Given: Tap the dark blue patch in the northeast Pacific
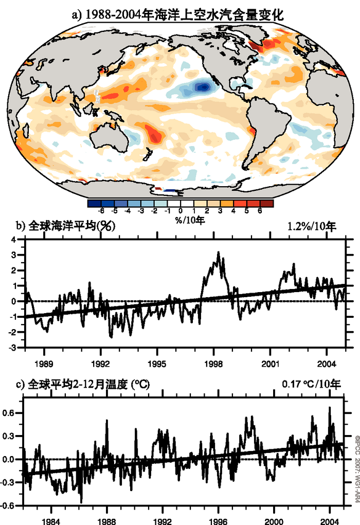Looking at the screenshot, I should click(204, 87).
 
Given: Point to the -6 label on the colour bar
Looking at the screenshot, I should click(101, 211).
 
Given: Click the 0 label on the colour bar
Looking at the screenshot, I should click(181, 211).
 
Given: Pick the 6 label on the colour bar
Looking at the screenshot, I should click(260, 211).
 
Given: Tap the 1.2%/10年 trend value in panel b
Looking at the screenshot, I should click(311, 227).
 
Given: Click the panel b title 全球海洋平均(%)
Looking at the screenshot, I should click(72, 226).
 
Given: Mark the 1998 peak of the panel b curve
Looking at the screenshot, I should click(218, 252).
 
